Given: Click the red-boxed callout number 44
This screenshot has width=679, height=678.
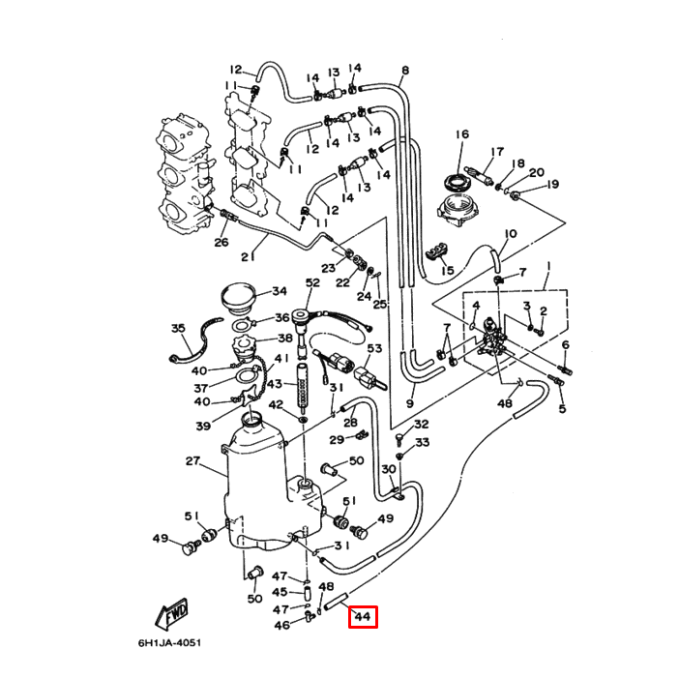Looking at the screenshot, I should tap(364, 616).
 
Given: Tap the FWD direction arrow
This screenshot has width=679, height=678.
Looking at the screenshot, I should tap(172, 613).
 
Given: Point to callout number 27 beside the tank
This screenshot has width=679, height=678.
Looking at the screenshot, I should tap(192, 461).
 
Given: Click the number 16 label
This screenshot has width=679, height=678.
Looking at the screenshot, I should tap(462, 134).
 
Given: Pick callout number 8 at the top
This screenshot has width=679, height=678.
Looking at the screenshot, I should tap(404, 71).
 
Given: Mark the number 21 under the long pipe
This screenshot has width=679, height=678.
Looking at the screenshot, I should tap(247, 256).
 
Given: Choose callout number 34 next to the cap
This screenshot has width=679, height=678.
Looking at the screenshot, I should tap(279, 291).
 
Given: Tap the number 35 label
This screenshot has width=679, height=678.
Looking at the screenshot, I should tap(178, 329).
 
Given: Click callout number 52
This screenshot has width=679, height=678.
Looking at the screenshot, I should tap(312, 282).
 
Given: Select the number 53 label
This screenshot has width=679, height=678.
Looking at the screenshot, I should tap(373, 348).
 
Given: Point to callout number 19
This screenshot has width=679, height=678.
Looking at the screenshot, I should tap(553, 184).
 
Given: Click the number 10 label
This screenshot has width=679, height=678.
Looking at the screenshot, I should tap(511, 234).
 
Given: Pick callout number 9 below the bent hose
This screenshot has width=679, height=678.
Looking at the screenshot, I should tap(409, 402).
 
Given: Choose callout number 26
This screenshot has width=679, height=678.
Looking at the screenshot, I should tap(221, 242).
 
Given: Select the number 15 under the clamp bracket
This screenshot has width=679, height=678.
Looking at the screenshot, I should tap(447, 271).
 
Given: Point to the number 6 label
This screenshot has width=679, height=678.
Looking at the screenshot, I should tap(566, 345).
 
